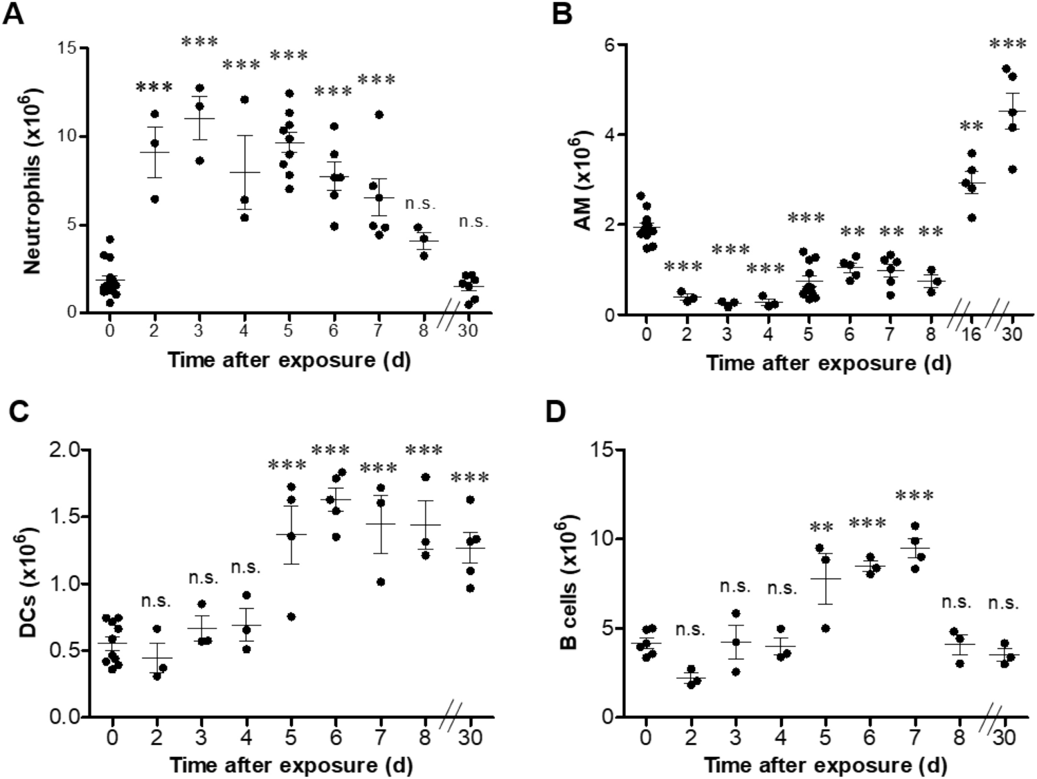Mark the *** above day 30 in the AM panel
(1007, 45)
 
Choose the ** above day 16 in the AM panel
(971, 127)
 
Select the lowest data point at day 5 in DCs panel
(291, 616)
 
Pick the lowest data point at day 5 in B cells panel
(825, 628)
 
